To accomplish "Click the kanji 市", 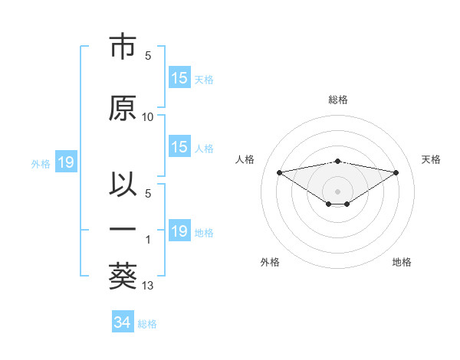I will point(123,47).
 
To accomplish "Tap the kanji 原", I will point(123,108).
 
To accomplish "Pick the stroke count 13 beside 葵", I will point(148,286).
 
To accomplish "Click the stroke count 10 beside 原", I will point(148,117).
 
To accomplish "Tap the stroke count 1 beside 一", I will point(148,240).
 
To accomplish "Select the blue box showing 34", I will point(122,322).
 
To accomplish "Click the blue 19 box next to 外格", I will point(65,162).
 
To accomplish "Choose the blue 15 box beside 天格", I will point(179,78).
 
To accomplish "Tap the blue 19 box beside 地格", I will point(179,231).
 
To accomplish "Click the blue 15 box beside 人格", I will point(179,147).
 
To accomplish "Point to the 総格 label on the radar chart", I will point(338,100).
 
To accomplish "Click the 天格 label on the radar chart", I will point(432,159).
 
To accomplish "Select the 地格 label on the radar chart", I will point(402,262).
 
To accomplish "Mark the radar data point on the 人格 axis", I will point(279,172).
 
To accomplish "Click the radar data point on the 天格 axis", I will point(396,172).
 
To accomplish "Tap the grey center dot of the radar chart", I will point(337,190).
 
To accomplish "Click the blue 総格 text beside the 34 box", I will point(147,324).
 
